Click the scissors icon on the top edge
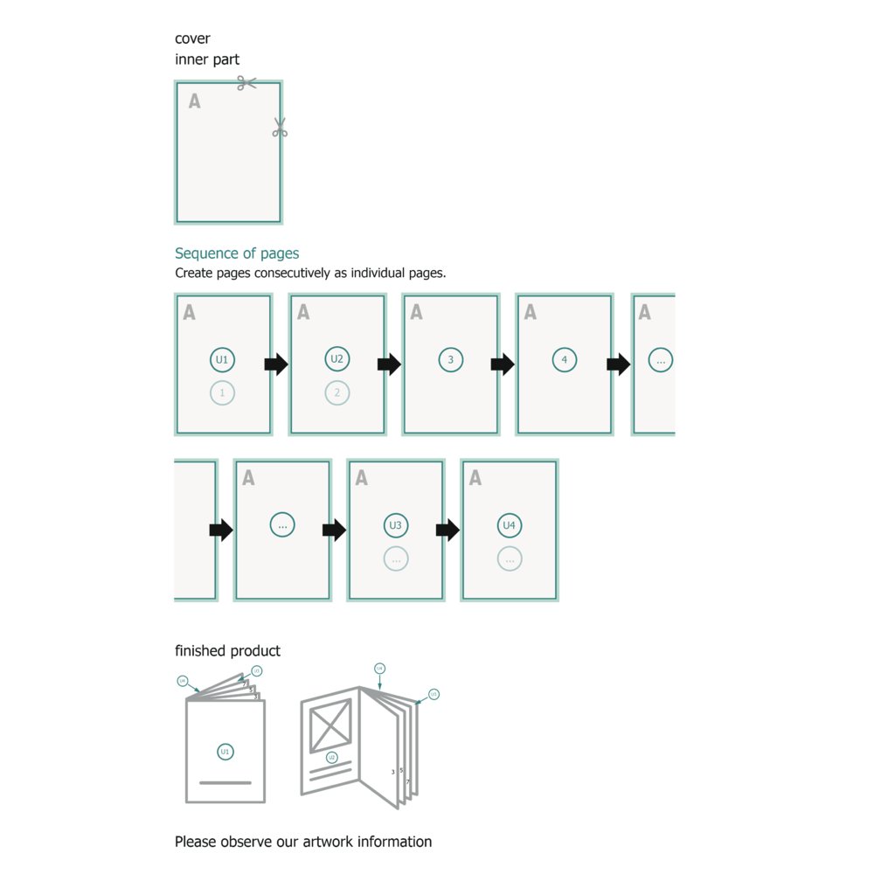(246, 83)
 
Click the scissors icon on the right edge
(280, 128)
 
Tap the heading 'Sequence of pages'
(237, 253)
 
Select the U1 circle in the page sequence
(222, 359)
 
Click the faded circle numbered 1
(222, 393)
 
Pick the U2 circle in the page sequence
(337, 359)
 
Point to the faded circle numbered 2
(337, 393)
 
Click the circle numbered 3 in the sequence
(450, 359)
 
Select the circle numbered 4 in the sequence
(565, 359)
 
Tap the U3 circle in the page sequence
(396, 525)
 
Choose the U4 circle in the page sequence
(510, 525)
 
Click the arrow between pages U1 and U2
(276, 364)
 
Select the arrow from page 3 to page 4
(503, 364)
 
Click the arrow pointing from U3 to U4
(447, 530)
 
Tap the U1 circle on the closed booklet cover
(225, 752)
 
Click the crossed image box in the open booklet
(329, 725)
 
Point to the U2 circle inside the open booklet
(331, 757)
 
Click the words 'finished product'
(227, 651)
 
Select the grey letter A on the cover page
(194, 101)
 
